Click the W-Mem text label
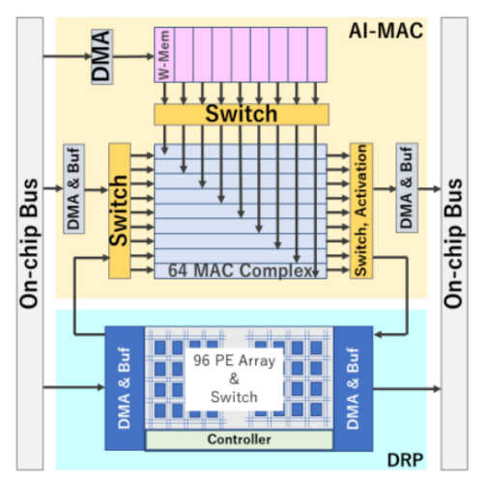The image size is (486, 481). point(163,56)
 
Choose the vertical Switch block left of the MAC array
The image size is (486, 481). point(119,211)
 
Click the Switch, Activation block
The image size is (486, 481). point(362,211)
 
